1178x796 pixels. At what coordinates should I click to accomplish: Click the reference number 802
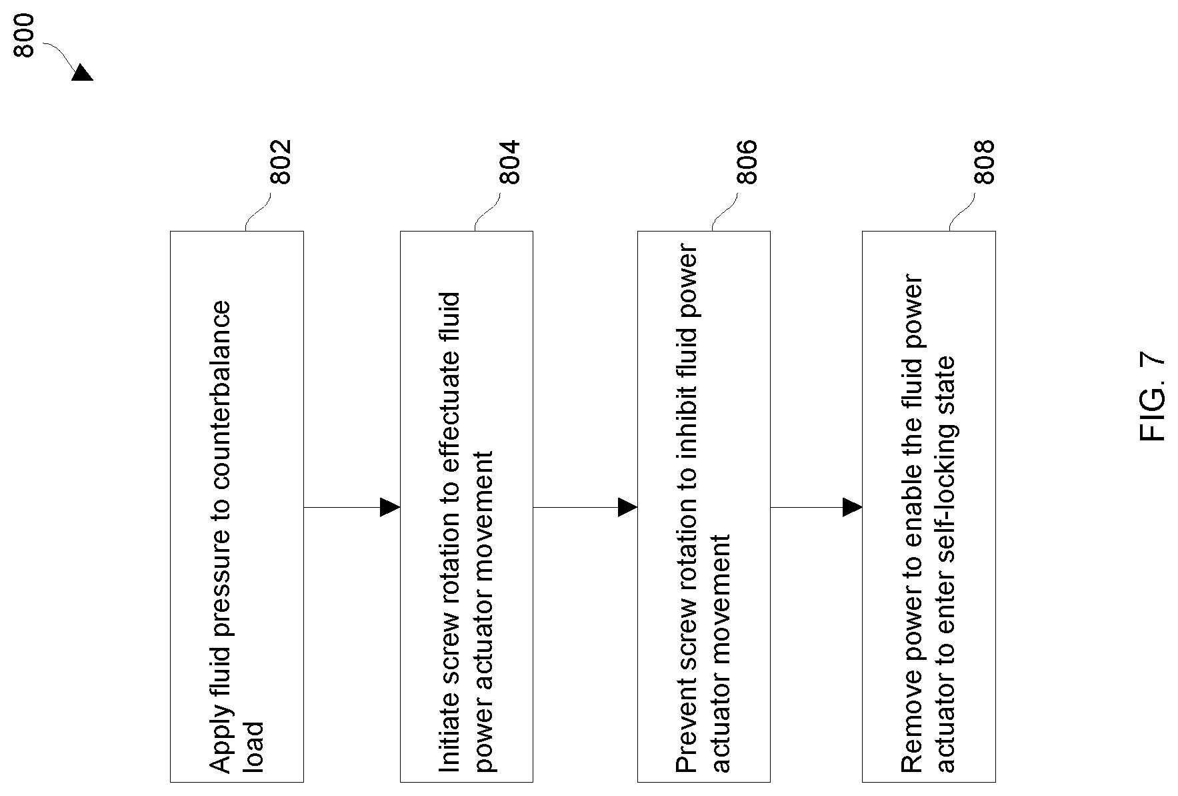pos(281,161)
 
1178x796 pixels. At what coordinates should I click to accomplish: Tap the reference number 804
pos(509,161)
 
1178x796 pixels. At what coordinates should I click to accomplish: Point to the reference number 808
pos(984,161)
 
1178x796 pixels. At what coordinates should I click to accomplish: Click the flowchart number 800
pos(24,35)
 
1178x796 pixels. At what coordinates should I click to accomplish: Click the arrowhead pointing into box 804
pos(390,507)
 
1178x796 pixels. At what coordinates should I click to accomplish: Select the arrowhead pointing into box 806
pos(627,507)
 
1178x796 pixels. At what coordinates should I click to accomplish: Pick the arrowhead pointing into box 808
pos(853,507)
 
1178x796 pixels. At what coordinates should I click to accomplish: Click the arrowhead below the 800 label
pos(83,73)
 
